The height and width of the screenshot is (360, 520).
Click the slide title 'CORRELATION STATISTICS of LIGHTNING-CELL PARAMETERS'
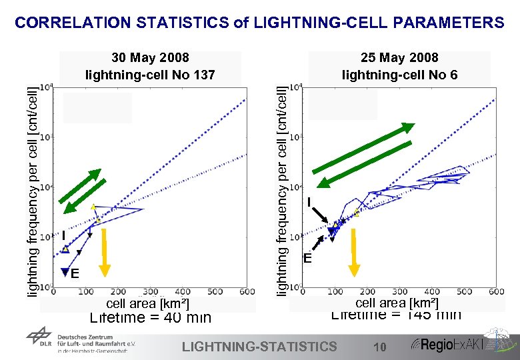pyautogui.click(x=259, y=23)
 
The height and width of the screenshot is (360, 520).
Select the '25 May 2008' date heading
pyautogui.click(x=399, y=58)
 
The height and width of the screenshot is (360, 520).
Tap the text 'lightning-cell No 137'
pyautogui.click(x=150, y=75)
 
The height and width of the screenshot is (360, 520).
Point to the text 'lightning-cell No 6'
pyautogui.click(x=399, y=75)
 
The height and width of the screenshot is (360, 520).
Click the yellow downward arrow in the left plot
pyautogui.click(x=105, y=251)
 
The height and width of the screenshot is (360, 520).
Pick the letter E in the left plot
pyautogui.click(x=75, y=273)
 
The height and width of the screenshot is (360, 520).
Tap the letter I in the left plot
pyautogui.click(x=63, y=235)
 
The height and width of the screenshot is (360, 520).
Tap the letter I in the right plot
pyautogui.click(x=309, y=202)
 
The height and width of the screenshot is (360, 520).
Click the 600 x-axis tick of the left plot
pyautogui.click(x=246, y=292)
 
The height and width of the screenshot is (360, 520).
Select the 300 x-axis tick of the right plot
pyautogui.click(x=399, y=292)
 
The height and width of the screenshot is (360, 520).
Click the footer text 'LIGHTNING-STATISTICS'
pyautogui.click(x=259, y=346)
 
